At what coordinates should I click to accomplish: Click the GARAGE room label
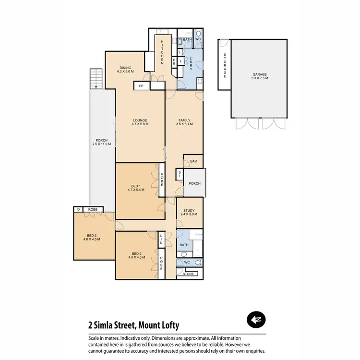(259, 77)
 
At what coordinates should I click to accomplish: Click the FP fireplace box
(141, 86)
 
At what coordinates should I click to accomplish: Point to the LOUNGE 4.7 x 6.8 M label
(140, 122)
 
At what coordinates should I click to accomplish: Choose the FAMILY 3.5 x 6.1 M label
(184, 122)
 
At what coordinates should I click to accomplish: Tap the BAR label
(193, 162)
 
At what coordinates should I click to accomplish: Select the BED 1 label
(135, 188)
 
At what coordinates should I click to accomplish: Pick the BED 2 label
(136, 255)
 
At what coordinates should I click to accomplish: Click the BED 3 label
(91, 237)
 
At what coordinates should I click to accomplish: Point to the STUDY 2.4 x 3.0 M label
(190, 211)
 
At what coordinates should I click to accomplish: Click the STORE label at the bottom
(189, 274)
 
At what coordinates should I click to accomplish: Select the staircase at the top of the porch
(96, 78)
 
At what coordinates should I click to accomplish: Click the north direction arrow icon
(256, 320)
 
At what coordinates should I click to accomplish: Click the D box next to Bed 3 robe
(77, 209)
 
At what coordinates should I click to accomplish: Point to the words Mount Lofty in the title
(159, 325)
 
